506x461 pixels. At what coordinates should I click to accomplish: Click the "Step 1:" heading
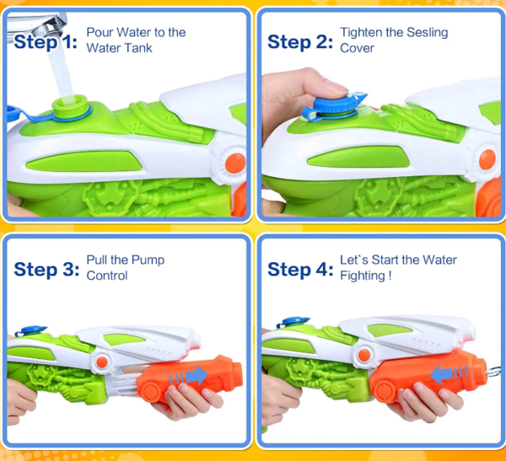(x=46, y=42)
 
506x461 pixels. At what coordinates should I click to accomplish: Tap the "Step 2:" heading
(x=299, y=42)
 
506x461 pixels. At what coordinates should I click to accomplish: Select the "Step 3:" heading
(x=46, y=270)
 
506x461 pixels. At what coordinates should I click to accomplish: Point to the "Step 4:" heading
(x=300, y=270)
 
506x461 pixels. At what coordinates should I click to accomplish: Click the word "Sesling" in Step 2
(x=427, y=33)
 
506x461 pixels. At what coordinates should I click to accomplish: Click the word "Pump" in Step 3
(x=148, y=260)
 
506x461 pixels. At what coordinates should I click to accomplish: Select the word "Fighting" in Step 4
(x=363, y=276)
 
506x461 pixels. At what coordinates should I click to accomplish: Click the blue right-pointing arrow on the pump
(x=189, y=376)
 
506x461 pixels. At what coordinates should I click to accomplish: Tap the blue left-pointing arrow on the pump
(x=449, y=374)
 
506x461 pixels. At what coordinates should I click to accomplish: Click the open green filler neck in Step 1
(x=70, y=105)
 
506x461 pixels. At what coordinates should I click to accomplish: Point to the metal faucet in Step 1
(x=36, y=24)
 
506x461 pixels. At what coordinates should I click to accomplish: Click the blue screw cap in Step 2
(x=334, y=104)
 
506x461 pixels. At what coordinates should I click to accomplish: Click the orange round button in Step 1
(x=235, y=163)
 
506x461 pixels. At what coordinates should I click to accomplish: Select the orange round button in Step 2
(x=487, y=159)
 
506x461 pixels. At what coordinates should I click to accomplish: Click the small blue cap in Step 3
(x=31, y=330)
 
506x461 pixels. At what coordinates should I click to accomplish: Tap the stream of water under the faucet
(x=62, y=73)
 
